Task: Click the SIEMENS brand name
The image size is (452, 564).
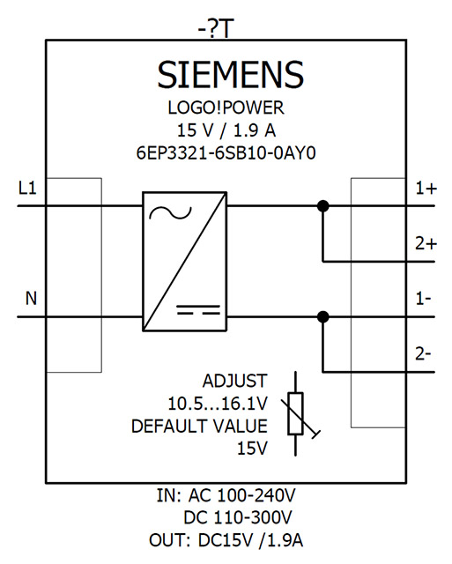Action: click(230, 74)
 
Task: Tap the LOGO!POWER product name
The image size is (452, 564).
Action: click(226, 108)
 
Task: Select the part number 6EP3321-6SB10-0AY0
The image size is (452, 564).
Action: click(226, 153)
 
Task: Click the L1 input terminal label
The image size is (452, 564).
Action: click(27, 188)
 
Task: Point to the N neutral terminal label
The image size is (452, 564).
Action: click(31, 299)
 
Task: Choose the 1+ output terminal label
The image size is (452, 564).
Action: click(426, 189)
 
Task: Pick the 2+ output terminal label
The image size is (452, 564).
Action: click(426, 244)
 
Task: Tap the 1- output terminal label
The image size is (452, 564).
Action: click(423, 299)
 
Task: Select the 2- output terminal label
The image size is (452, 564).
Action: click(423, 354)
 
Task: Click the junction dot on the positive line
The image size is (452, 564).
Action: click(322, 206)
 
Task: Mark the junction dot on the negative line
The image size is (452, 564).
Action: click(322, 317)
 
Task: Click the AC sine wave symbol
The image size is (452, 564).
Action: click(170, 213)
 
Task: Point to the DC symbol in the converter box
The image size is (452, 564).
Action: click(198, 310)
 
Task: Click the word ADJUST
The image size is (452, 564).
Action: click(234, 382)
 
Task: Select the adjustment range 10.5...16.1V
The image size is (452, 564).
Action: click(218, 404)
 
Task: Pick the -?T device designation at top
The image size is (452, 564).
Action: click(216, 29)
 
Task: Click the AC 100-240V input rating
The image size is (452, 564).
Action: click(241, 495)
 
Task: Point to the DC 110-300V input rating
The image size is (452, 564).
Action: click(238, 518)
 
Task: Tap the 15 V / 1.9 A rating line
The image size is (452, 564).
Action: click(226, 130)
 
